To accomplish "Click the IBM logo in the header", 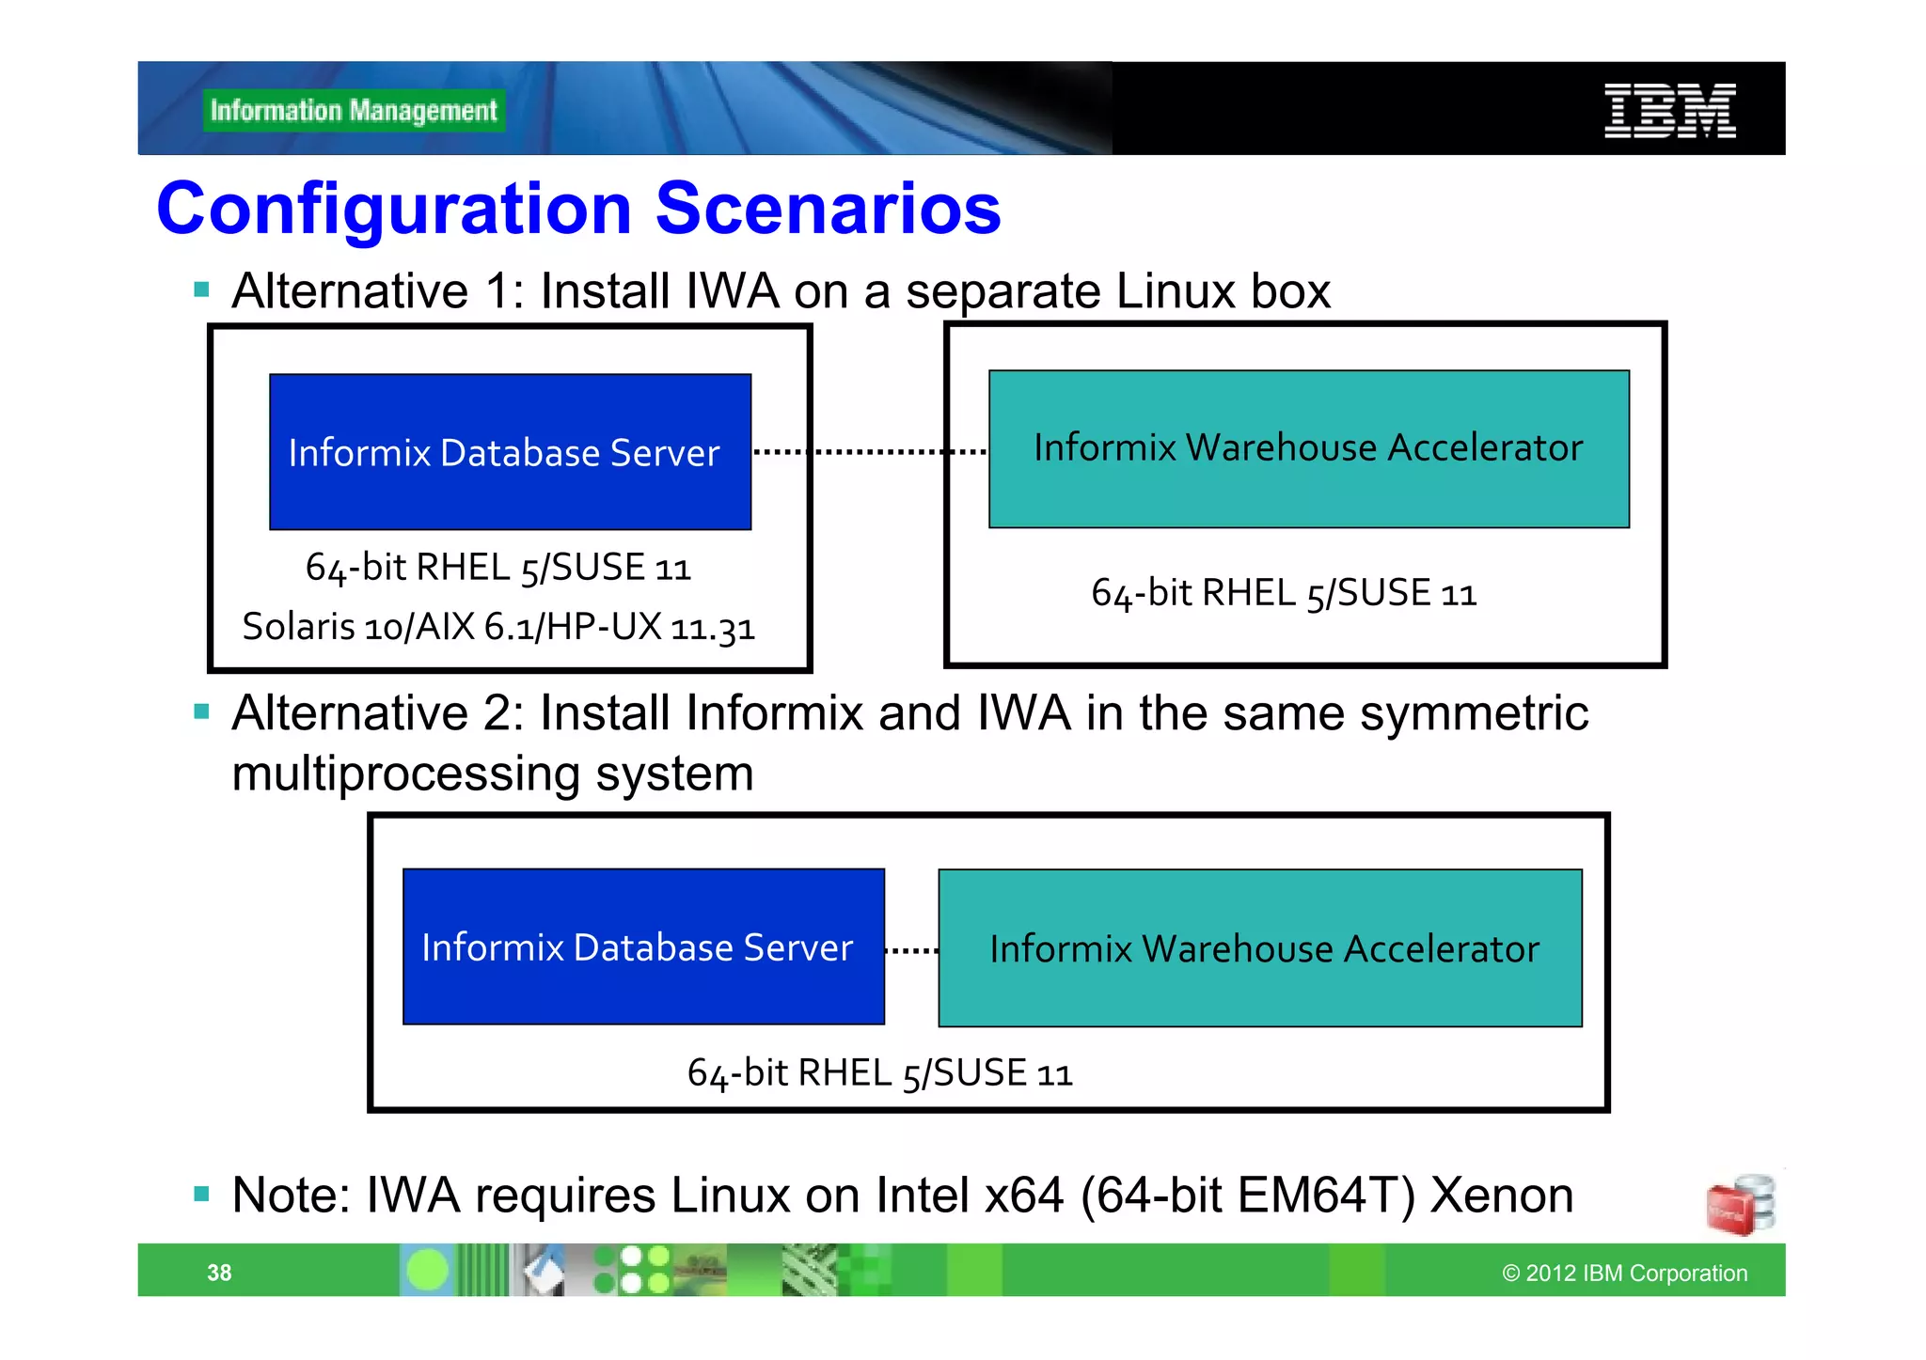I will [x=1669, y=111].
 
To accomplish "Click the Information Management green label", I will [x=354, y=111].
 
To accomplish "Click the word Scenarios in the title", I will [x=828, y=209].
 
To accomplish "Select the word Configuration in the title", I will [x=394, y=209].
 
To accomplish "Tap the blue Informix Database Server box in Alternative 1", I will [x=510, y=452].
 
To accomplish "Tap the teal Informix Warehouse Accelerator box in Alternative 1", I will [x=1308, y=448].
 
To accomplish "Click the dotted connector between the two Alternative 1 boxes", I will [x=870, y=452].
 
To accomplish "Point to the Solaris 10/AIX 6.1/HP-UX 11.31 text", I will [x=498, y=627].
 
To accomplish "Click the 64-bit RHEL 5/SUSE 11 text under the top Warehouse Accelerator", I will [x=1284, y=593].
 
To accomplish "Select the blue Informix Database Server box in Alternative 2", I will [x=643, y=946].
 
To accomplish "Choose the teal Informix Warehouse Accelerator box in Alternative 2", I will [x=1260, y=947].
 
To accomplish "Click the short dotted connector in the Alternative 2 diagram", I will [x=911, y=950].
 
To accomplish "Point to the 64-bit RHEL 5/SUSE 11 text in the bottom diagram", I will [x=879, y=1073].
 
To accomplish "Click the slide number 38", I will [x=219, y=1273].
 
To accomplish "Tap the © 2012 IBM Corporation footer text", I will [x=1624, y=1273].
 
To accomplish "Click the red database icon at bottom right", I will [x=1740, y=1205].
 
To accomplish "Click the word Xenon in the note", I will [x=1501, y=1196].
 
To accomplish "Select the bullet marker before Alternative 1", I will [x=201, y=289].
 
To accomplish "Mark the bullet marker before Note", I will [x=201, y=1195].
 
